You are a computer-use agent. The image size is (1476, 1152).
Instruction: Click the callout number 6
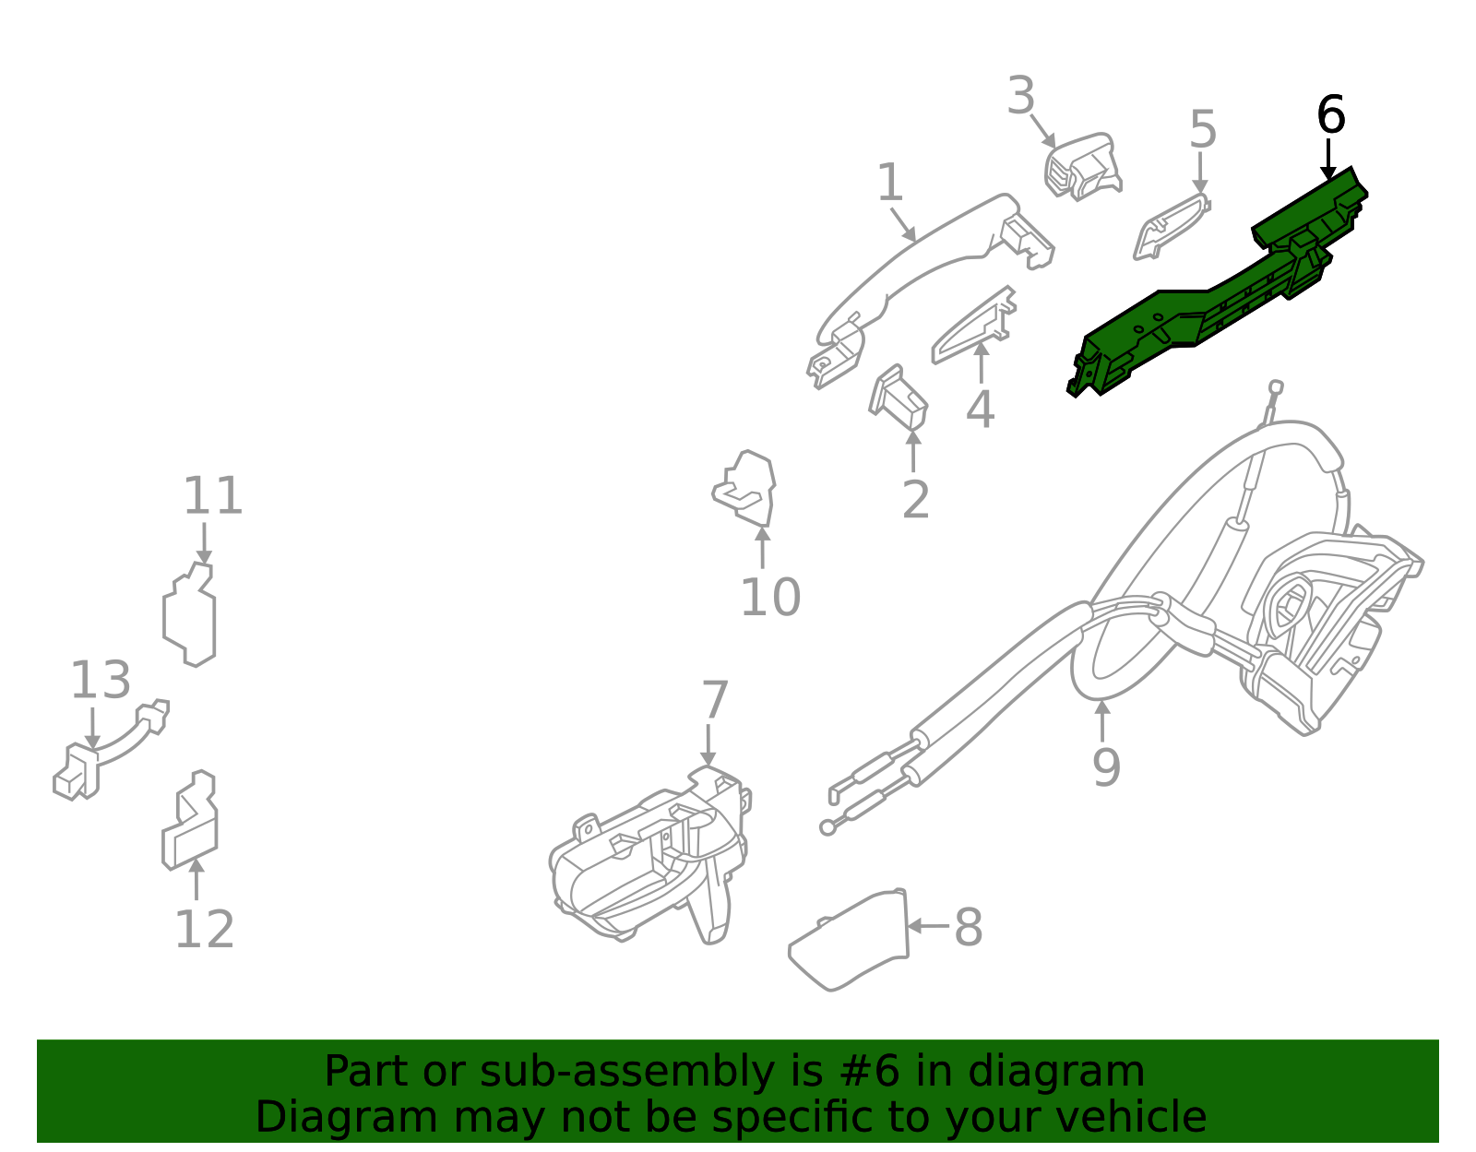click(x=1330, y=116)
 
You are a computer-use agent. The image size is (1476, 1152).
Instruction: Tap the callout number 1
click(x=889, y=184)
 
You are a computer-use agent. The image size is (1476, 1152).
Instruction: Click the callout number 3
click(x=1020, y=96)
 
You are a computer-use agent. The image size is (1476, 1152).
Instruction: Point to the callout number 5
click(x=1202, y=129)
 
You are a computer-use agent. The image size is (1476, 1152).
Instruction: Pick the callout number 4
click(x=980, y=410)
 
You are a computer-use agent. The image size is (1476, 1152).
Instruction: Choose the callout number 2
click(x=915, y=500)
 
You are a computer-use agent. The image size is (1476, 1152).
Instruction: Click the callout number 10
click(x=770, y=598)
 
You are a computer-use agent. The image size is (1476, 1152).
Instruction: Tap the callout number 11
click(x=213, y=497)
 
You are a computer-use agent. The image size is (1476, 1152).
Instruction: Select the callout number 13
click(x=101, y=681)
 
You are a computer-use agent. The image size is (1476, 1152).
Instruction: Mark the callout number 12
click(x=204, y=929)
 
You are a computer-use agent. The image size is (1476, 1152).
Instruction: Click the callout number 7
click(x=715, y=700)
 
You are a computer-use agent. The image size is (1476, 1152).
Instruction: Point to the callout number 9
click(x=1106, y=767)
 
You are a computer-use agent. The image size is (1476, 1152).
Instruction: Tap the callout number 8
click(x=968, y=927)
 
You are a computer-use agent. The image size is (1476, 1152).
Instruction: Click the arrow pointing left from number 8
click(x=928, y=925)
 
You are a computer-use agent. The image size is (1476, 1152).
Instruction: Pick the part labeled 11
click(x=190, y=616)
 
